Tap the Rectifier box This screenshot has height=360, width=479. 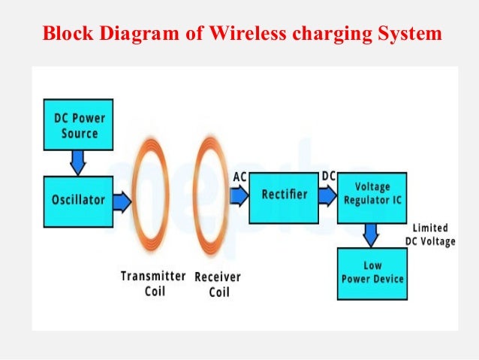pos(285,195)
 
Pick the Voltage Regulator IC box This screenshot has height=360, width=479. pos(372,195)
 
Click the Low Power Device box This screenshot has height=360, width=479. pos(372,272)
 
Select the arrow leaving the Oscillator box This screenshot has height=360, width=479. pos(122,201)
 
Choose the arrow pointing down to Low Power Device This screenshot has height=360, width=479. pos(371,234)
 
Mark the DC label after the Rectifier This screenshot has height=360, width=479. pos(329,176)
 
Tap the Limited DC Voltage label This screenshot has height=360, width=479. pos(430,234)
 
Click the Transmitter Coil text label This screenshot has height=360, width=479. pos(153,284)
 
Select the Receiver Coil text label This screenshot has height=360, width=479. pos(218,284)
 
